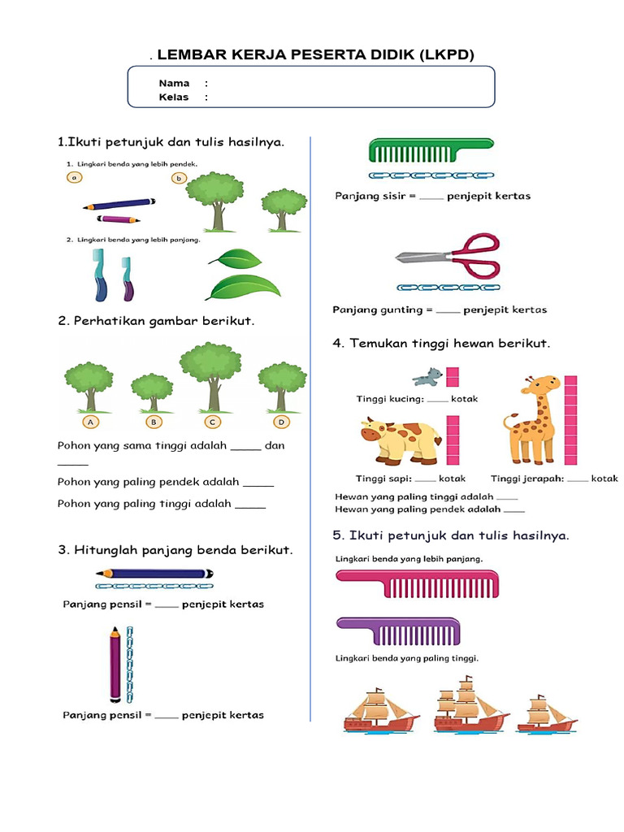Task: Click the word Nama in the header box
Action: coord(174,84)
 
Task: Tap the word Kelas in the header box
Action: coord(174,97)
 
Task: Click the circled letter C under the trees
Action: coord(212,422)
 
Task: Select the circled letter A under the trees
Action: coord(91,422)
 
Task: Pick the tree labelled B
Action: coord(152,392)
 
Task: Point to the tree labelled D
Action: coord(282,387)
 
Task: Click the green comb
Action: coord(431,150)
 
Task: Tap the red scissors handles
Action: coord(476,255)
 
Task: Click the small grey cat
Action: coord(427,377)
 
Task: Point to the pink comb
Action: coord(418,583)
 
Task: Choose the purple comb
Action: coord(398,630)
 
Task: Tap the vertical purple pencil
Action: coord(115,664)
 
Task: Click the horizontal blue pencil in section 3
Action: coord(154,574)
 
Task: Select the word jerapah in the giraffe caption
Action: coord(544,479)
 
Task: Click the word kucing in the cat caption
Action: coord(407,399)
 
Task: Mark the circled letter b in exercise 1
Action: coord(179,178)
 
